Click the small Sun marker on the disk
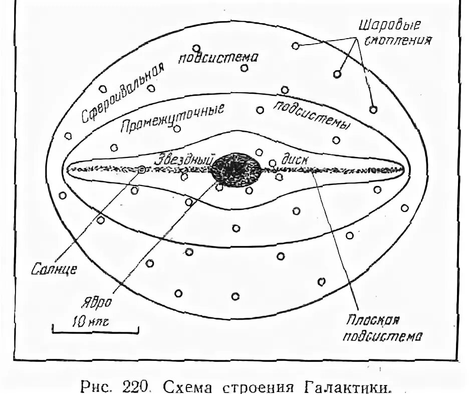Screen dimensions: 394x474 142,169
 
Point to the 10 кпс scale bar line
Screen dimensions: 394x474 95,330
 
